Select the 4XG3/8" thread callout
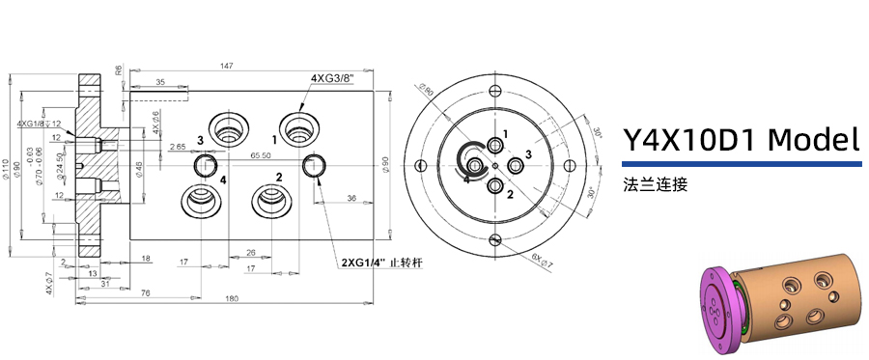331,78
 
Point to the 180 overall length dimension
232,298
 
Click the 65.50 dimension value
260,154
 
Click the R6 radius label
119,70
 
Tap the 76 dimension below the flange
145,292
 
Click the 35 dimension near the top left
159,83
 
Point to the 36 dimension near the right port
350,199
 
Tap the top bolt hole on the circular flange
495,91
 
